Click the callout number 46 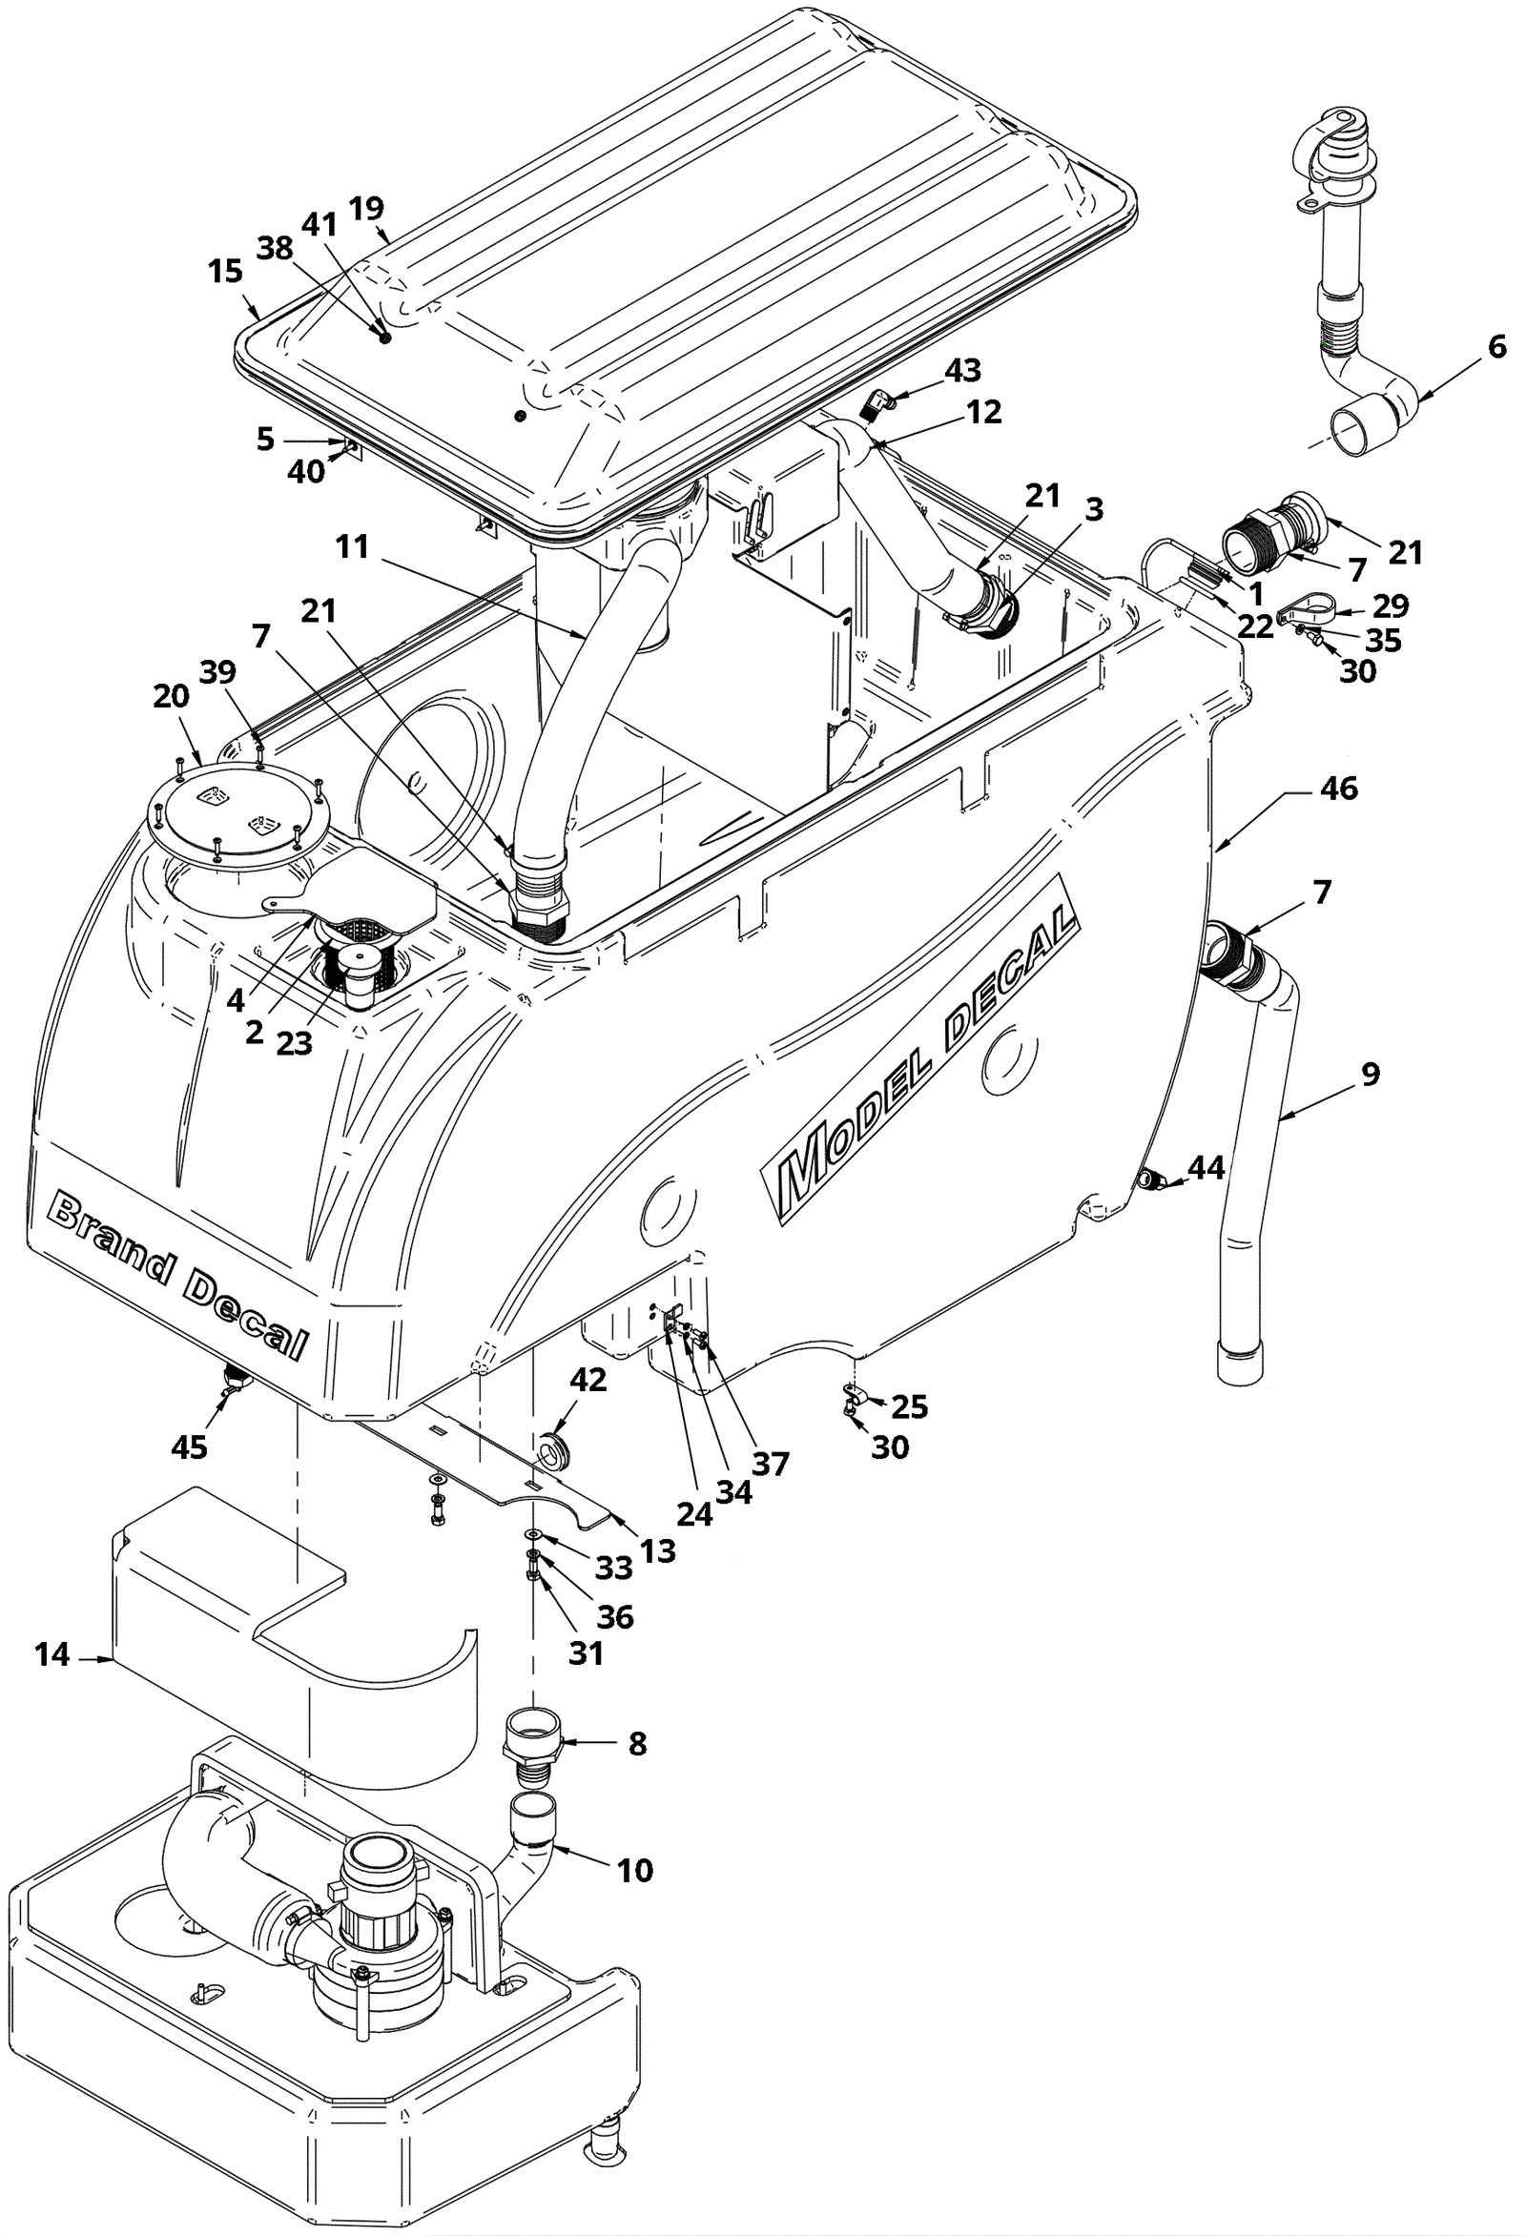point(1339,789)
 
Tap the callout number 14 point(52,1655)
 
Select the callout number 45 point(189,1446)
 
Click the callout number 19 point(366,208)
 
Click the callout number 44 point(1206,1168)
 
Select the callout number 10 point(635,1871)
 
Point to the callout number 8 point(638,1743)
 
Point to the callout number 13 point(658,1550)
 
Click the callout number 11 point(352,546)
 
